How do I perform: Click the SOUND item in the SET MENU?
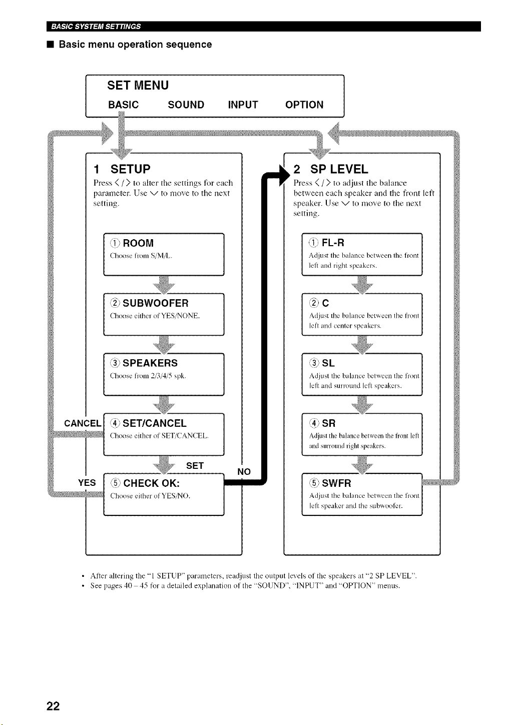tap(186, 105)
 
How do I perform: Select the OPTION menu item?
tap(304, 105)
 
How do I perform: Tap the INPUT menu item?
tap(243, 105)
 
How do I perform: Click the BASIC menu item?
tap(124, 105)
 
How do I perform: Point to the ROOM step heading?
tap(138, 243)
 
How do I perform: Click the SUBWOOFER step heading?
tap(156, 303)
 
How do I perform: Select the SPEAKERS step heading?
tap(150, 363)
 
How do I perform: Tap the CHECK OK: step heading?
tap(151, 483)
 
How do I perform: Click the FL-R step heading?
tap(333, 243)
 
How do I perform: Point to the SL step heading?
tap(328, 363)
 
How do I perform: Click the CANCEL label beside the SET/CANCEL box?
tap(83, 423)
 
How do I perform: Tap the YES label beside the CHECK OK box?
tap(87, 483)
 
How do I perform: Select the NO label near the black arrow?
tap(244, 472)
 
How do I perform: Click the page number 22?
tap(53, 706)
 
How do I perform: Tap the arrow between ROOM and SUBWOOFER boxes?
tap(164, 285)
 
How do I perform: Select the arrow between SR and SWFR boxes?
tap(362, 465)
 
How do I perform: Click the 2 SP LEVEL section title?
tap(331, 169)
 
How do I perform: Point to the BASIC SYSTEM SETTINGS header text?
tap(96, 27)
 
